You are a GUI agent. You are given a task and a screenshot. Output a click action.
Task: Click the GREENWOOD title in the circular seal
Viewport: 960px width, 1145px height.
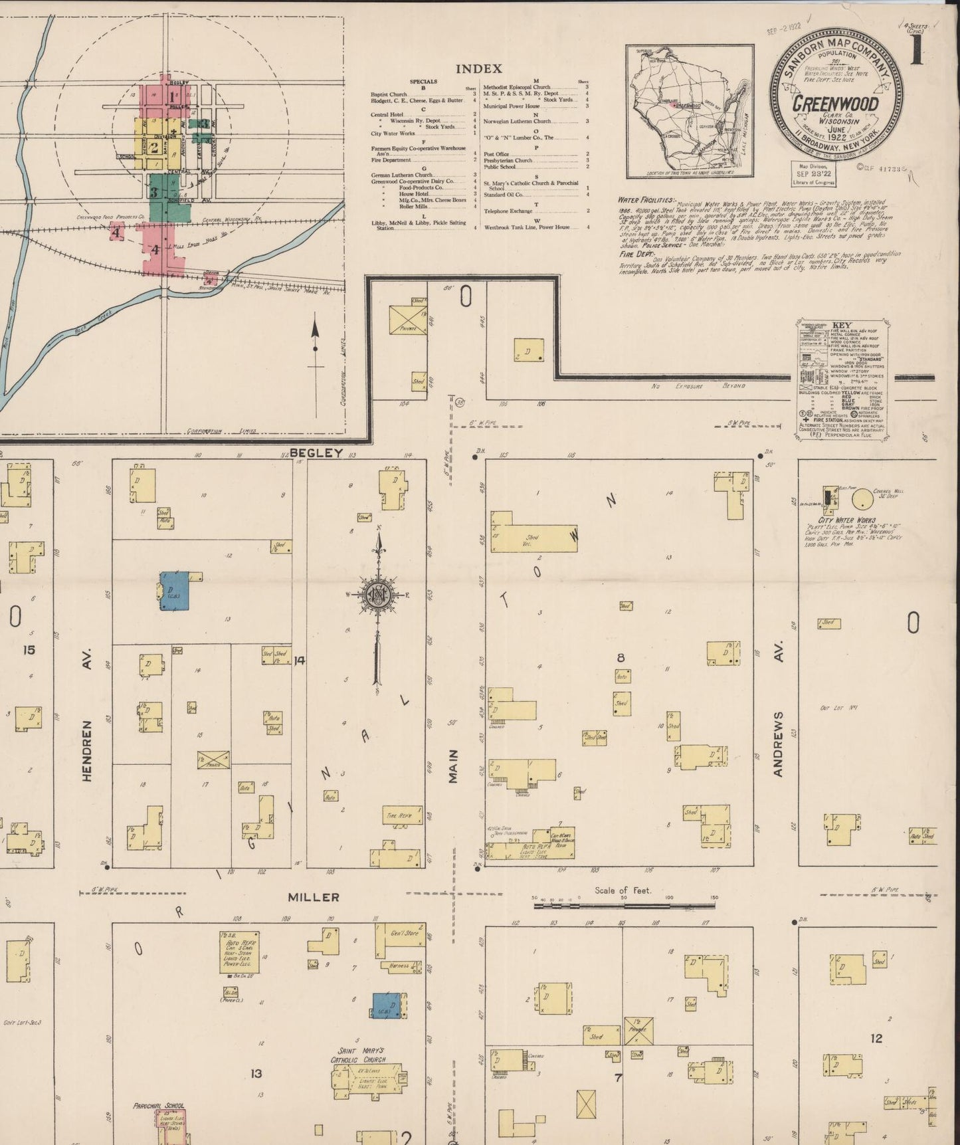click(835, 104)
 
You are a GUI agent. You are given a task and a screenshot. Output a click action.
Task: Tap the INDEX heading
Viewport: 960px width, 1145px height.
click(478, 68)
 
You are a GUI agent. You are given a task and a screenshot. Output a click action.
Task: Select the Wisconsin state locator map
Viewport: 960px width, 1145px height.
click(689, 111)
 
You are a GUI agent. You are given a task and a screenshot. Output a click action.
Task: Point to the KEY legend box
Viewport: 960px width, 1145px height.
click(842, 379)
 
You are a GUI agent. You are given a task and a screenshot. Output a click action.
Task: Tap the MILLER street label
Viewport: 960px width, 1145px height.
click(314, 897)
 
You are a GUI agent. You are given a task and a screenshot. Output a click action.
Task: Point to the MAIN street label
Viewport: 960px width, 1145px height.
click(453, 766)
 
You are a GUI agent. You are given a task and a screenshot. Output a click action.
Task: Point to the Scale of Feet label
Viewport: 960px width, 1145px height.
click(623, 890)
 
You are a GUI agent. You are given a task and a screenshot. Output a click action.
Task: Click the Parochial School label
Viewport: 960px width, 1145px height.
click(158, 1106)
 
